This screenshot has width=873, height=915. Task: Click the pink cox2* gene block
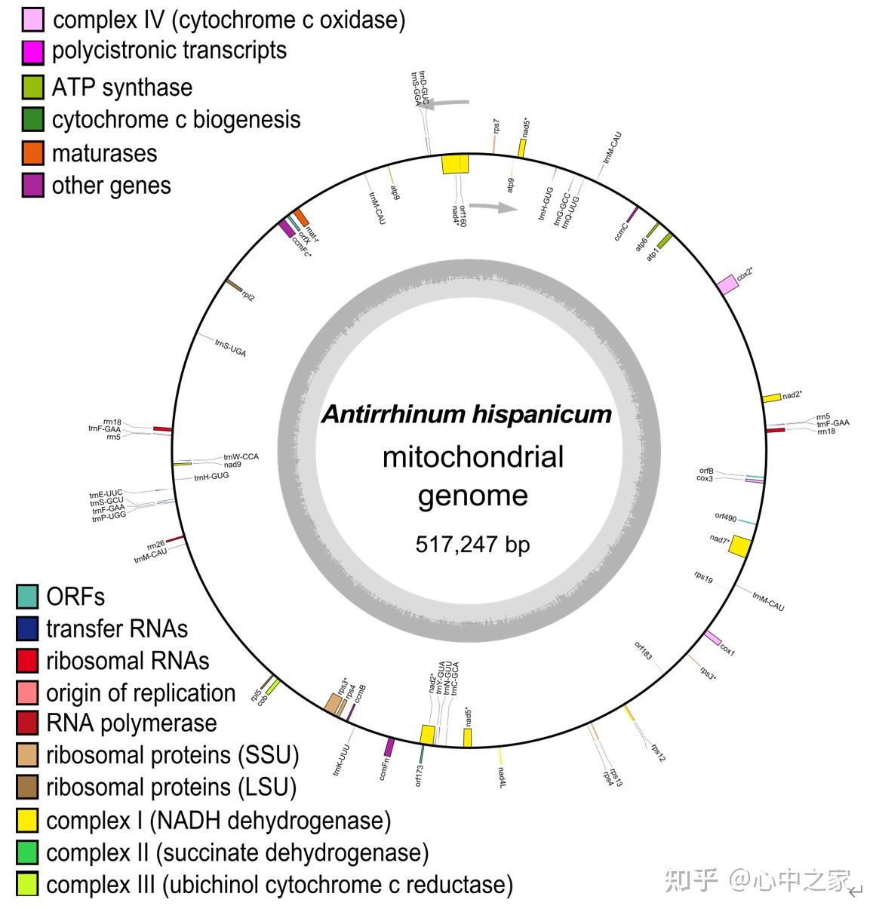click(727, 285)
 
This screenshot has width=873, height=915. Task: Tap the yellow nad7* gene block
click(739, 546)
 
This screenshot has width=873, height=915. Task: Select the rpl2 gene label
click(248, 296)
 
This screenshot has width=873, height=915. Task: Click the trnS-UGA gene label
click(230, 348)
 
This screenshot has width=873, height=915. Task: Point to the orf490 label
click(725, 517)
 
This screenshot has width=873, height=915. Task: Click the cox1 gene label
click(727, 649)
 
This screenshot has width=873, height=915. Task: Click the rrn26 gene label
click(155, 545)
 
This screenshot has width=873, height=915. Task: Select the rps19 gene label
click(703, 577)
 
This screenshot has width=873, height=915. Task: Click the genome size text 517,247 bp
click(472, 544)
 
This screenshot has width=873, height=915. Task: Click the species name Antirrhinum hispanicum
click(466, 414)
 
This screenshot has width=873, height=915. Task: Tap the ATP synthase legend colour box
click(32, 88)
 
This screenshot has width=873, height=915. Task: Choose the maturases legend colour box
click(32, 153)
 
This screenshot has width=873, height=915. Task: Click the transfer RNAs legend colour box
click(27, 628)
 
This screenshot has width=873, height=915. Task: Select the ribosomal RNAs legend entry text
click(127, 661)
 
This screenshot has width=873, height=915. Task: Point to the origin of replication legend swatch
click(27, 692)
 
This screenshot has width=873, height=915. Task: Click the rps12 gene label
click(659, 752)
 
